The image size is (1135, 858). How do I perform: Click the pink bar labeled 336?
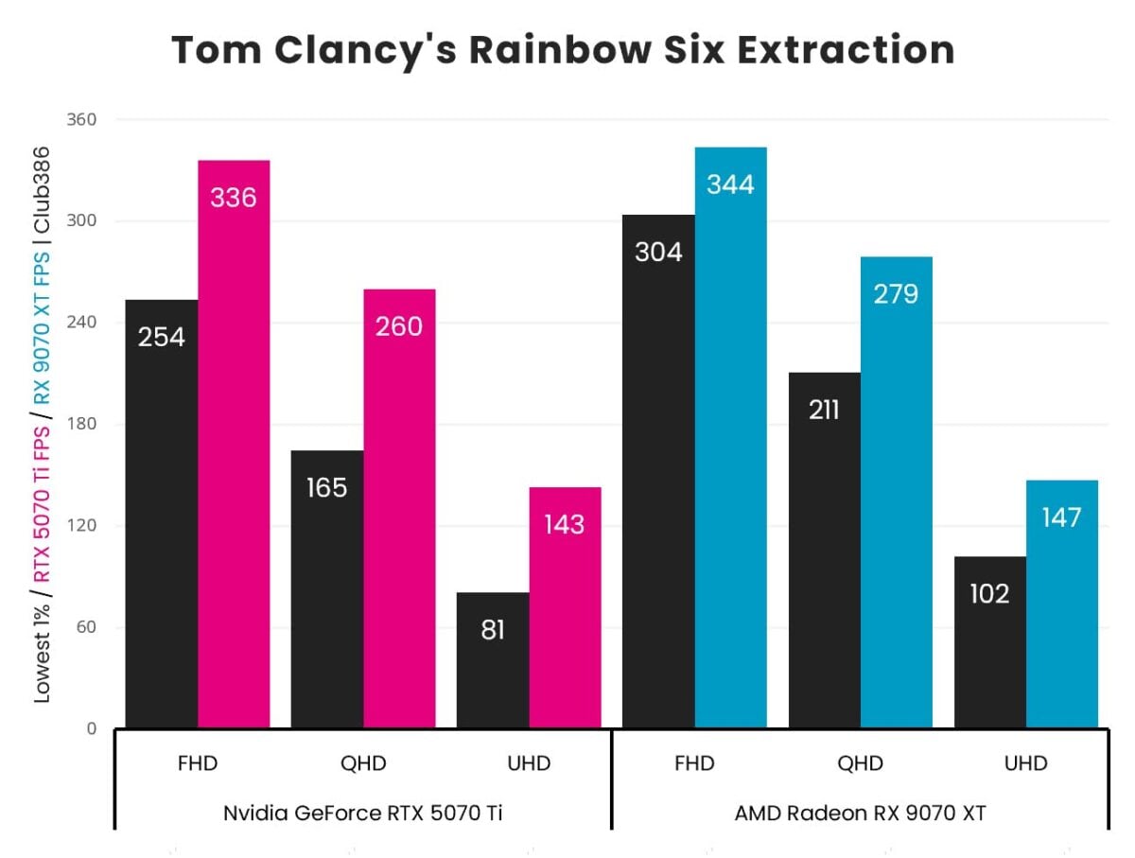(234, 445)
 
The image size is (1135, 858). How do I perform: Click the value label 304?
(658, 253)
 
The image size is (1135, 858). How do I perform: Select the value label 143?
(564, 524)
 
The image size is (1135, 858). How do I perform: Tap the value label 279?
(896, 294)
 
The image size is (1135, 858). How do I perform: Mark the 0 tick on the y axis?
(91, 729)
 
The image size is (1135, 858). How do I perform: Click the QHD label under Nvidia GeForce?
(363, 763)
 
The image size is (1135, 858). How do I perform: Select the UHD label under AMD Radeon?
(1025, 763)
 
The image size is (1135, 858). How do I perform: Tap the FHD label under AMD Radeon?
(694, 763)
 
